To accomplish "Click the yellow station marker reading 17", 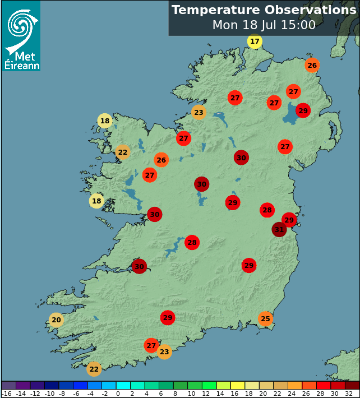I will (255, 41).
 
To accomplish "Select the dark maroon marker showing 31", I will (279, 229).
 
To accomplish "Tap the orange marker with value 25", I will (266, 319).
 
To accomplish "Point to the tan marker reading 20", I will (56, 320).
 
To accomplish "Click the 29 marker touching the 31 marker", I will (289, 220).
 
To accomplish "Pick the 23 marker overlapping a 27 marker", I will (164, 352).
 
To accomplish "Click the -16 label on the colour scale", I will (7, 394).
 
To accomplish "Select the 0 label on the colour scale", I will (118, 394).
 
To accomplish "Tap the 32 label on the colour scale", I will (349, 394).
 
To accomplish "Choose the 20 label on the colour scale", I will (262, 394).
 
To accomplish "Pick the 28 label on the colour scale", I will (320, 394).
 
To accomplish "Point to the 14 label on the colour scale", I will (219, 394).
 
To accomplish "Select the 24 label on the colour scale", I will (292, 394).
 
